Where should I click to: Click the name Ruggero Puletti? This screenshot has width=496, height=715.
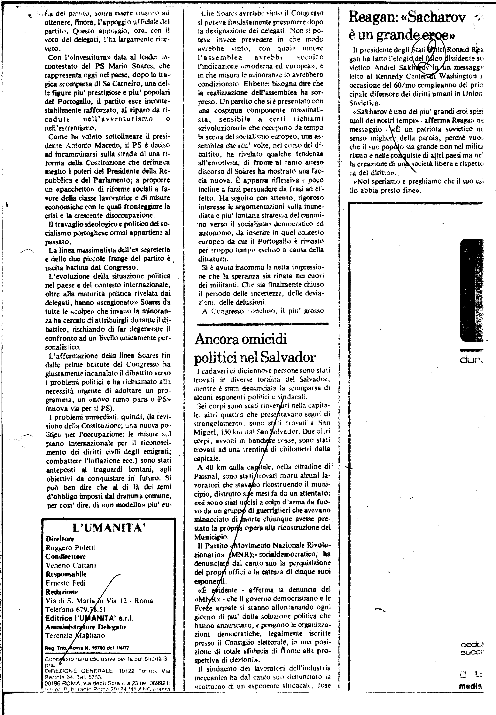[x=71, y=548]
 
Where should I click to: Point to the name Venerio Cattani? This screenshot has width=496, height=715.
[x=71, y=565]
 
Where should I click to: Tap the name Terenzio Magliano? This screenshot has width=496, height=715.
[x=75, y=635]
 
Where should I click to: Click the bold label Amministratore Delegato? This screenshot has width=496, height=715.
[x=85, y=627]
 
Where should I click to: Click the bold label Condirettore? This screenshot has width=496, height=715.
[x=65, y=556]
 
